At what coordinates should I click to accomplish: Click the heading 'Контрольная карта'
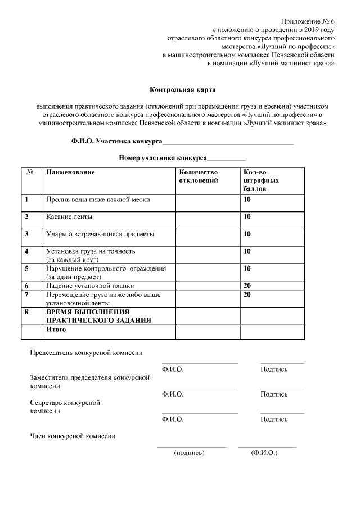click(x=182, y=89)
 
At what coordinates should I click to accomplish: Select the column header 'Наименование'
click(x=70, y=172)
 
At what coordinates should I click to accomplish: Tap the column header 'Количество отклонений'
click(x=198, y=176)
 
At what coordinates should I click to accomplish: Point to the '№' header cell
click(x=31, y=172)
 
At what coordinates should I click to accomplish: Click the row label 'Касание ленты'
click(x=69, y=217)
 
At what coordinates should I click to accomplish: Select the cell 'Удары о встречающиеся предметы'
click(x=100, y=233)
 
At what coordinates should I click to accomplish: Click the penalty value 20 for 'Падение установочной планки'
click(x=247, y=286)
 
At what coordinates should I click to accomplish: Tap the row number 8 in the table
click(x=26, y=311)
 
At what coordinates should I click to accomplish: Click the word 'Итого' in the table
click(x=56, y=329)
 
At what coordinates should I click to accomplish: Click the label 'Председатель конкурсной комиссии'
click(x=85, y=353)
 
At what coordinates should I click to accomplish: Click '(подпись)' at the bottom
click(x=190, y=452)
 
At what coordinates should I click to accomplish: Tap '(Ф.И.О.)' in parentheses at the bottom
click(x=264, y=452)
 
